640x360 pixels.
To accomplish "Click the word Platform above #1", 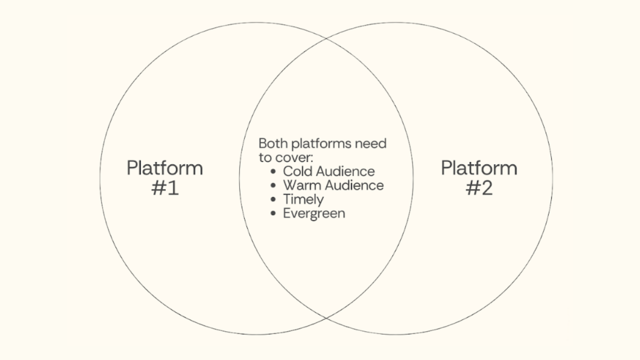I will pyautogui.click(x=165, y=168).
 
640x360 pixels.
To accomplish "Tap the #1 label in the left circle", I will pyautogui.click(x=165, y=188).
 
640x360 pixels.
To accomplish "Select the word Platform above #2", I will pyautogui.click(x=479, y=168).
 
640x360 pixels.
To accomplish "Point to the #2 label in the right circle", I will pyautogui.click(x=479, y=188).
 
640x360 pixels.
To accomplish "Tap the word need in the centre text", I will pyautogui.click(x=370, y=143).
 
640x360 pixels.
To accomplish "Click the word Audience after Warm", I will pyautogui.click(x=355, y=185).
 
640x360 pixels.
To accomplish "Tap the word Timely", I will pyautogui.click(x=303, y=199).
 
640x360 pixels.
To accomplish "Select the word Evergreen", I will pyautogui.click(x=314, y=213).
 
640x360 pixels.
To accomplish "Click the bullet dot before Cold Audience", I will pyautogui.click(x=273, y=171).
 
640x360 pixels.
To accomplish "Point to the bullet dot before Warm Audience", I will pyautogui.click(x=273, y=185).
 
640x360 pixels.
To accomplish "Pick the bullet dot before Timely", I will pyautogui.click(x=273, y=199).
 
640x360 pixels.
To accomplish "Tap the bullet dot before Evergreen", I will pyautogui.click(x=273, y=213).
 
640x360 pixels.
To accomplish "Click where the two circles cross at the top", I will pyautogui.click(x=326, y=38).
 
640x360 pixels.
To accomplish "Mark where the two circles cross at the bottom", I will pyautogui.click(x=326, y=318).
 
